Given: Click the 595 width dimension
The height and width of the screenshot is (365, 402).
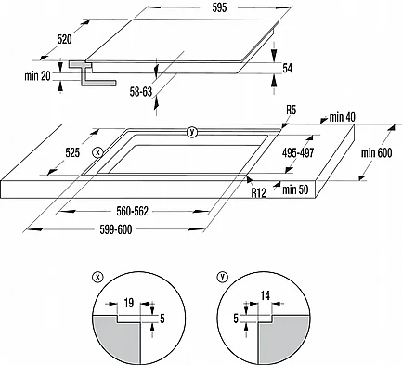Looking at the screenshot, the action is (x=219, y=7).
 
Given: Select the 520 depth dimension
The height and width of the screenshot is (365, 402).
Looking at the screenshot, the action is (x=65, y=39).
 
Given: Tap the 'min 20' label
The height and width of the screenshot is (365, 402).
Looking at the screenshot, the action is (x=37, y=76).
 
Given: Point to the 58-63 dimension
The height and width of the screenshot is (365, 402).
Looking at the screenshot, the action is (x=141, y=92).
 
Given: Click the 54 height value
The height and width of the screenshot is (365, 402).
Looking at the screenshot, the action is (x=288, y=68).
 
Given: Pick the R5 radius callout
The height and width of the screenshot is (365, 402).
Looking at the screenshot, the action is (x=291, y=110).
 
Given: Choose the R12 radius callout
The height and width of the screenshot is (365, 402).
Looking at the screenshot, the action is (x=258, y=192).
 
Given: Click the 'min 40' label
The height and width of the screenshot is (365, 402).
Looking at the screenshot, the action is (x=343, y=117).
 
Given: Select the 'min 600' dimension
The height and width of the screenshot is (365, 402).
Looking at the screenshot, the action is (x=377, y=152).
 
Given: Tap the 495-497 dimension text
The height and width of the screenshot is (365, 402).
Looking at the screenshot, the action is (x=298, y=152).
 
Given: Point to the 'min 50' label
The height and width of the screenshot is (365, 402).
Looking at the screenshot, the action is (x=295, y=189).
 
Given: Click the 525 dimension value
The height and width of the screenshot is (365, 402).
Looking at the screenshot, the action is (x=72, y=152).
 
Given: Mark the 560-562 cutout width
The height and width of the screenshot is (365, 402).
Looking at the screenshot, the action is (x=133, y=212).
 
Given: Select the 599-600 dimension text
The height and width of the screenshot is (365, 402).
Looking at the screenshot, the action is (x=116, y=229).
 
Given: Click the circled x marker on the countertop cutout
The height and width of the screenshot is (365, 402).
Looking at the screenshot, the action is (x=97, y=152).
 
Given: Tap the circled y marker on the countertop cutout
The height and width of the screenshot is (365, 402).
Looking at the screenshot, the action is (x=192, y=133).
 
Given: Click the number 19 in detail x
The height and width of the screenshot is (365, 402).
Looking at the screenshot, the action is (x=128, y=303).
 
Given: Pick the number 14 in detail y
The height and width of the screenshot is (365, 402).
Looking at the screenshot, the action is (x=265, y=296).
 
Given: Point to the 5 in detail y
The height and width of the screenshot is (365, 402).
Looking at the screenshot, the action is (x=236, y=319).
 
